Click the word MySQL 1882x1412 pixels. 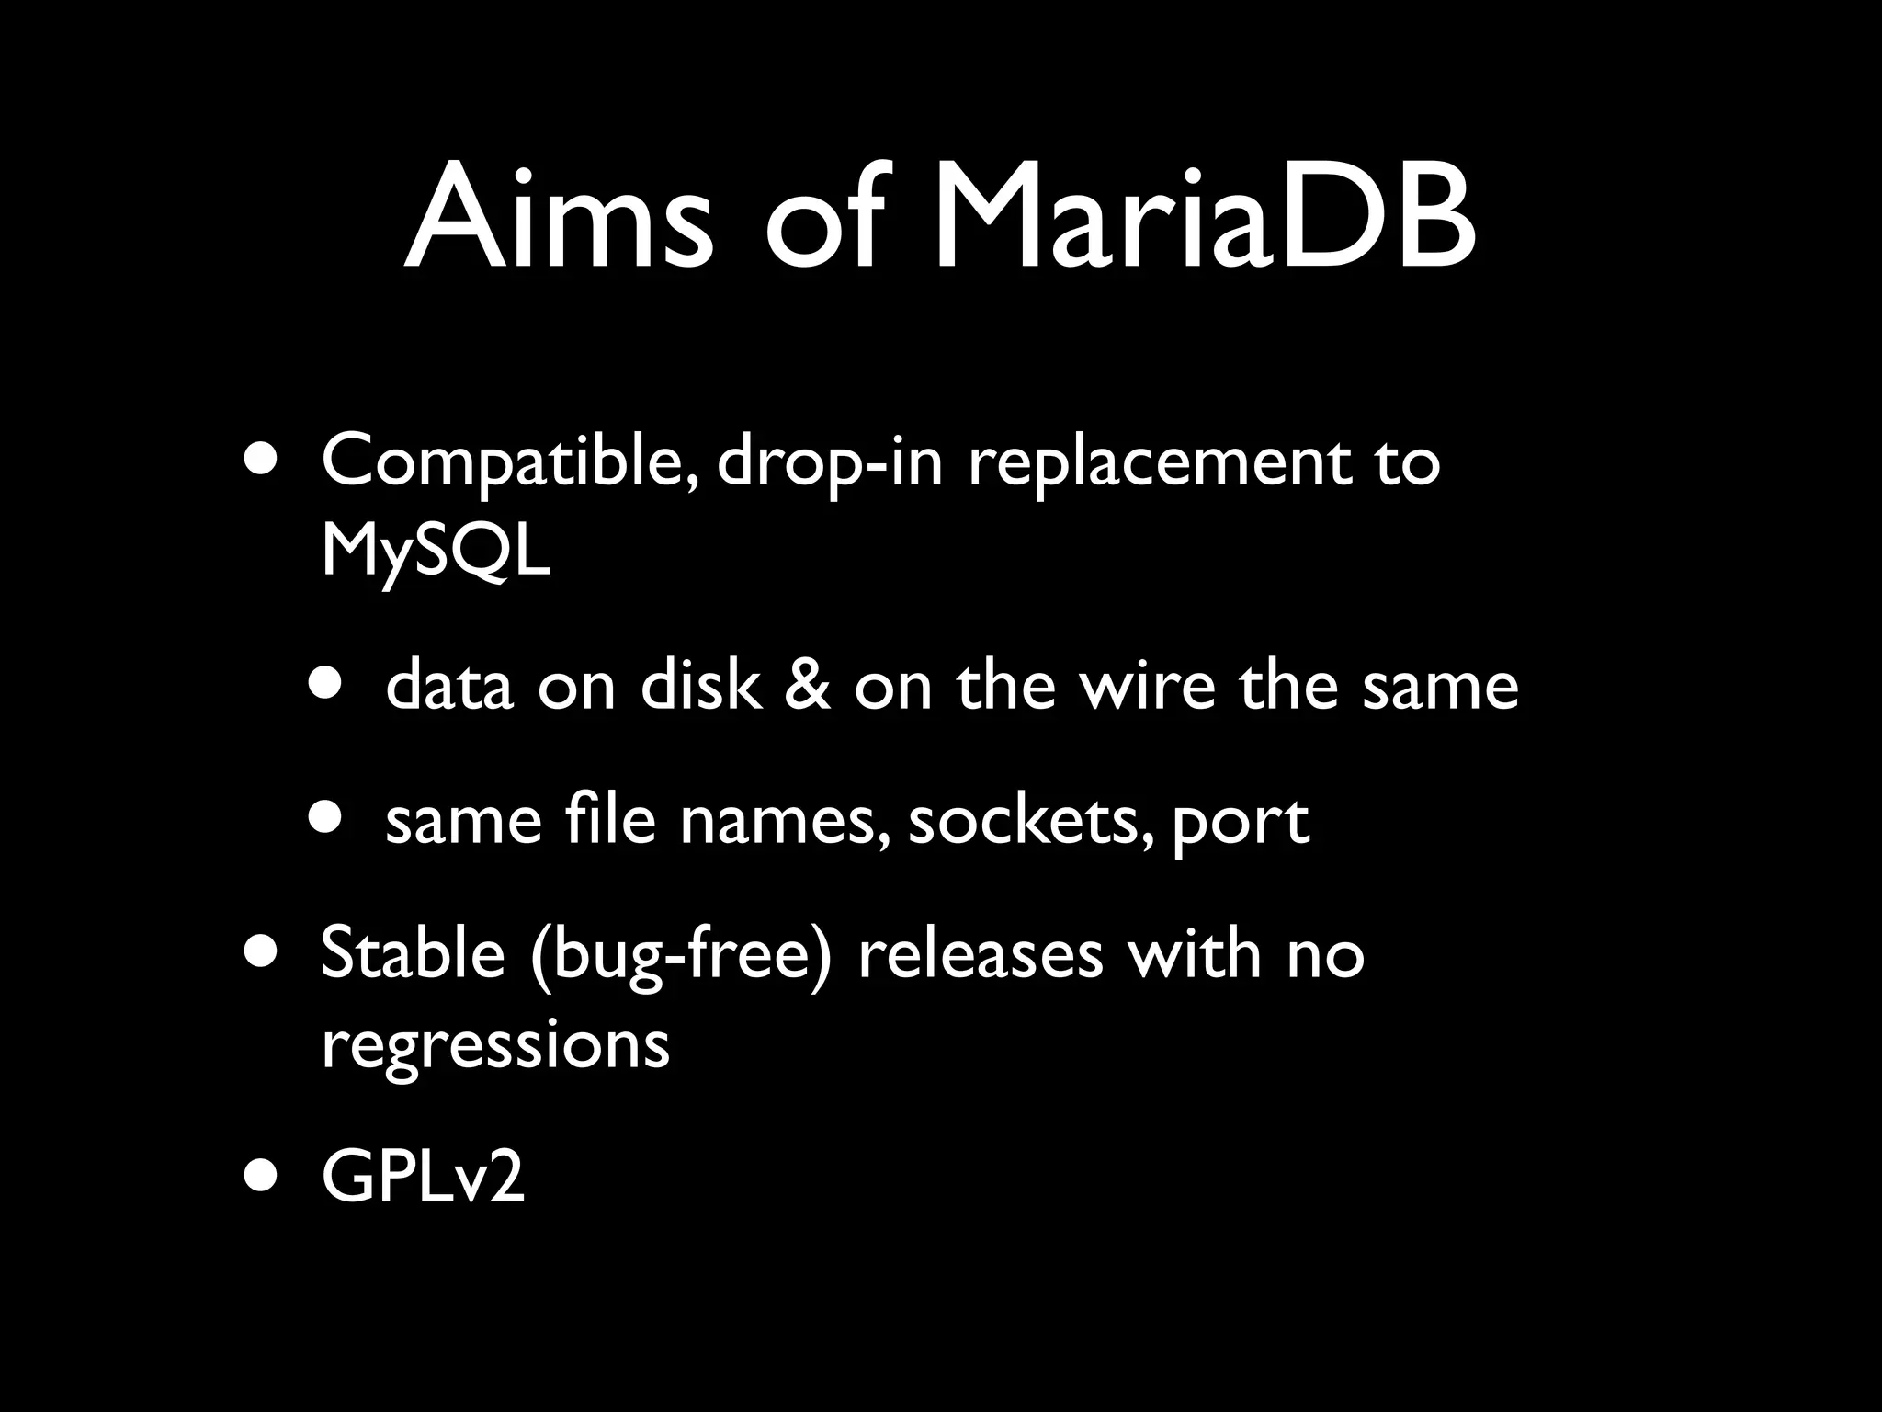point(436,553)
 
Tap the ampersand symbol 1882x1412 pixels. point(807,686)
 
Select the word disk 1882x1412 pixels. point(700,686)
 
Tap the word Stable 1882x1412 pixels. point(413,953)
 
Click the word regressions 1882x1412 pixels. point(495,1045)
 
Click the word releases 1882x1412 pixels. point(980,953)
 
